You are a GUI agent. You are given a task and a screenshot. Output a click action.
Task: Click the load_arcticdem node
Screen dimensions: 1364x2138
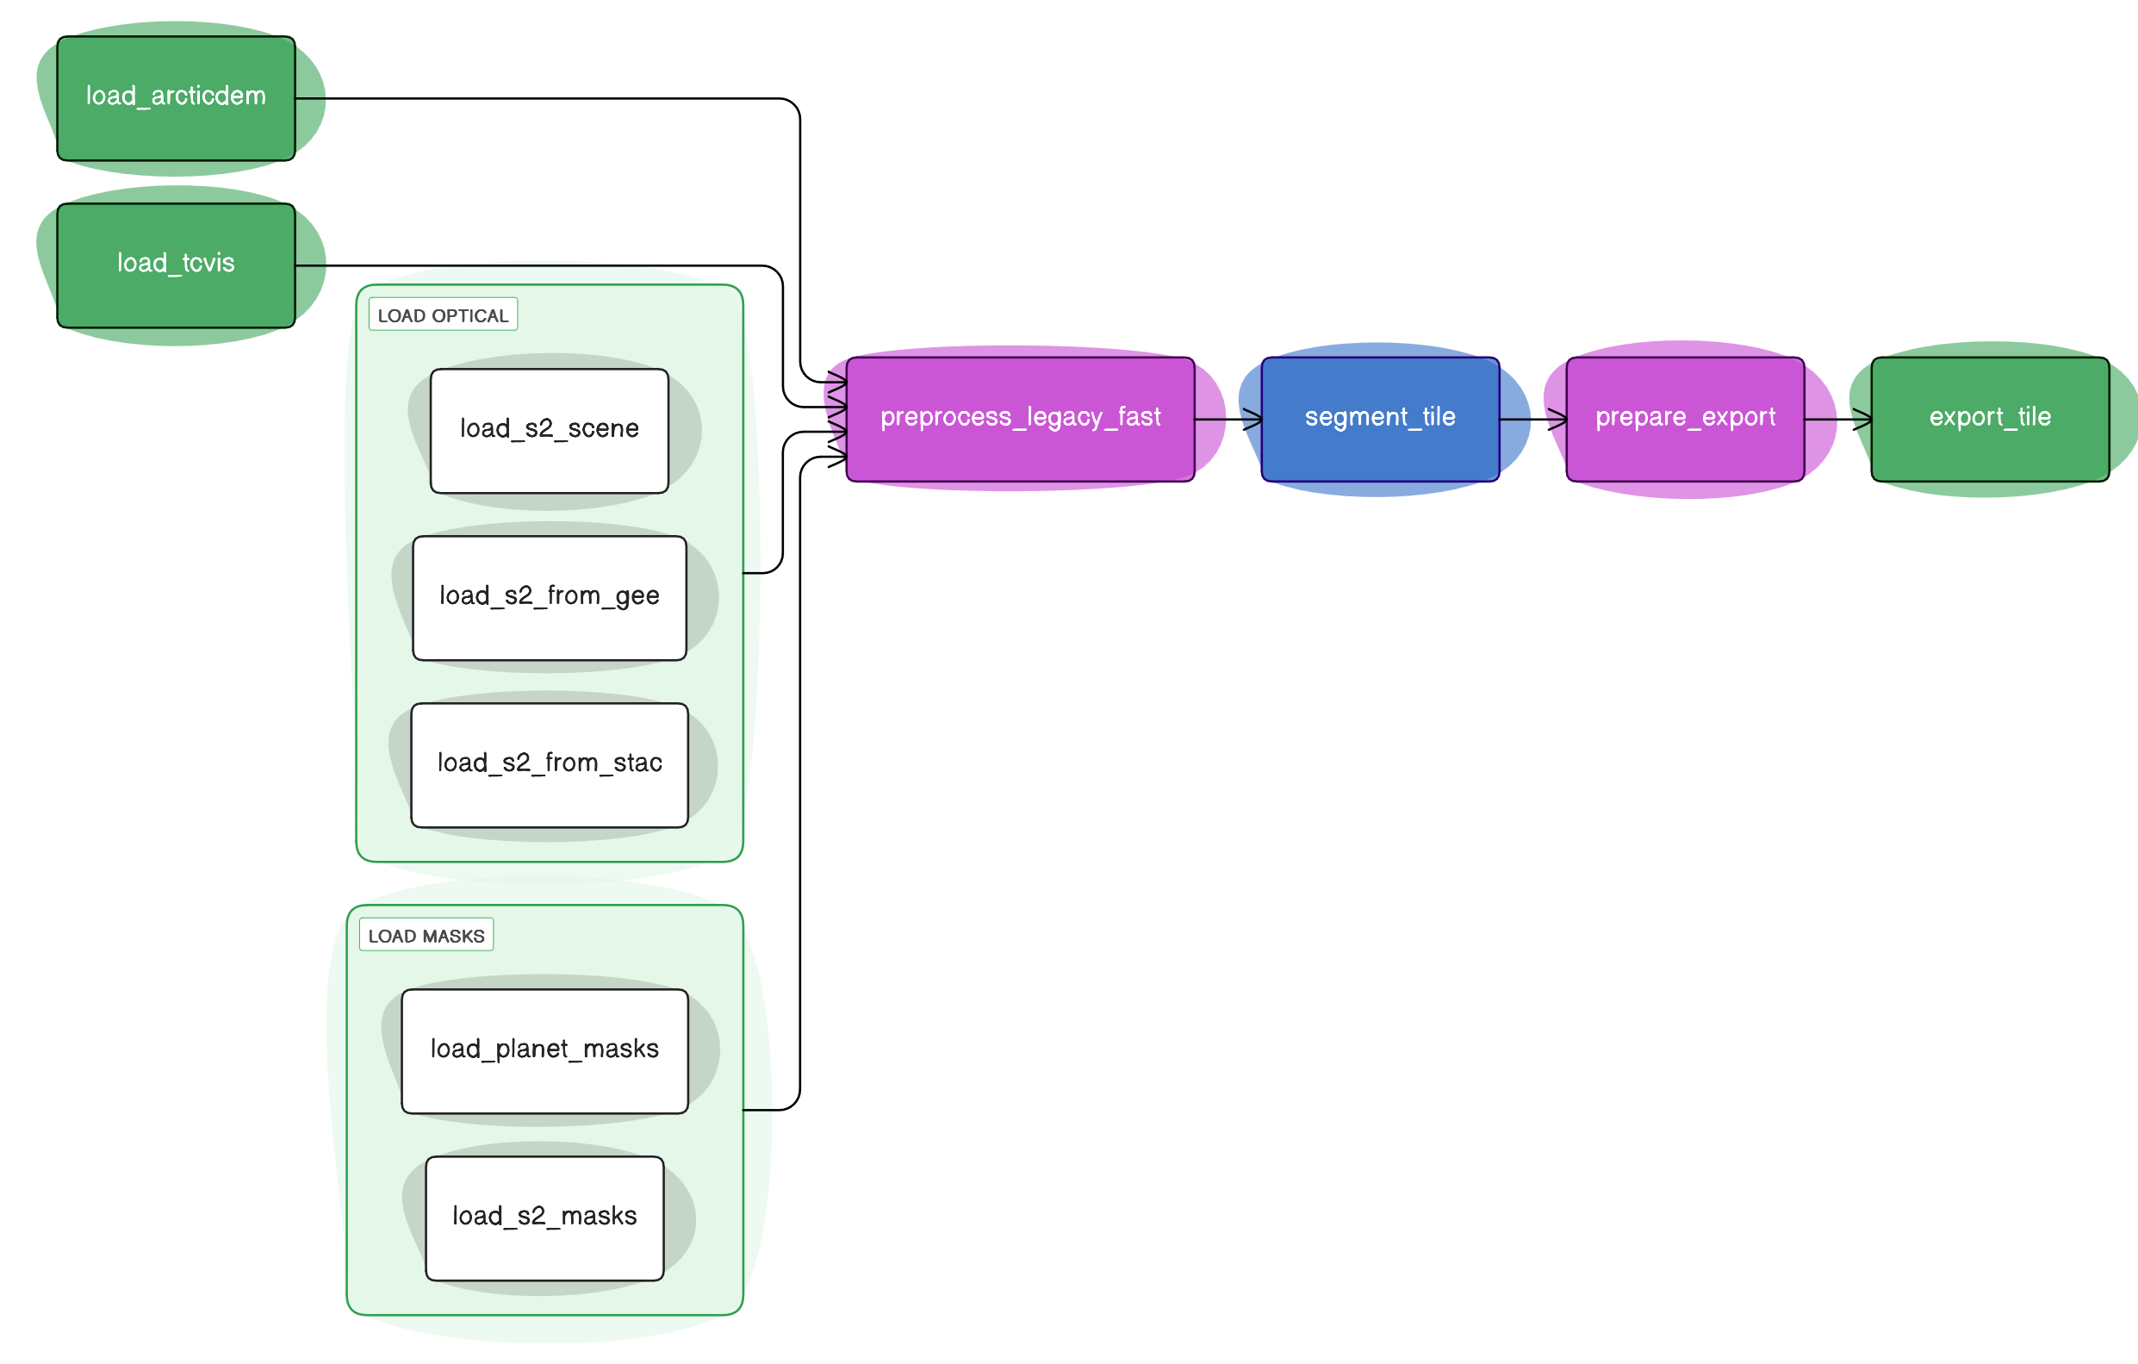coord(176,97)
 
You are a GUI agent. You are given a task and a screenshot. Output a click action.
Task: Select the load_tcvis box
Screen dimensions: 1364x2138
coord(176,265)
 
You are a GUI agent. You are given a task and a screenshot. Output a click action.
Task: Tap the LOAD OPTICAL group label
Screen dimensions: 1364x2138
coord(442,315)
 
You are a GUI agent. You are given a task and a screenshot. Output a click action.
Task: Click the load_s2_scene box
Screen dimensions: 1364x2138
coord(549,430)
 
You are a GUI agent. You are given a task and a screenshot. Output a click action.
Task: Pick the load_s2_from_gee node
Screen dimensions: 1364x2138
coord(549,597)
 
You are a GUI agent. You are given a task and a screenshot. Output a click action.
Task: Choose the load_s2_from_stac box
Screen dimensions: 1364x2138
coord(549,763)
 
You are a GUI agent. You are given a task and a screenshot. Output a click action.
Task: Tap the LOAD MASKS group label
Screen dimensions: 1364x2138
coord(426,936)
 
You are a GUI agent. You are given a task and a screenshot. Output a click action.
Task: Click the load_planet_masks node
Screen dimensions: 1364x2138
coord(544,1050)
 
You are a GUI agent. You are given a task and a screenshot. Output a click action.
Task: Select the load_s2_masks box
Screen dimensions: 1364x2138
coord(544,1218)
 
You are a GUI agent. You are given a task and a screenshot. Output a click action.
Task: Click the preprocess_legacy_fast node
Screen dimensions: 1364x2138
coord(1019,418)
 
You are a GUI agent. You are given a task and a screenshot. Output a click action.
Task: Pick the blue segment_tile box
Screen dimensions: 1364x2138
coord(1380,418)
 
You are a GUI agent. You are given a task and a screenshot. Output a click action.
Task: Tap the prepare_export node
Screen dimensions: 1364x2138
coord(1684,418)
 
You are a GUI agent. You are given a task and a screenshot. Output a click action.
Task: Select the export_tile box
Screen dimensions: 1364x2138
coord(1990,418)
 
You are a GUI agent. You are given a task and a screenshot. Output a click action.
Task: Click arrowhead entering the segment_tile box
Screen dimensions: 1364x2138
coord(1252,418)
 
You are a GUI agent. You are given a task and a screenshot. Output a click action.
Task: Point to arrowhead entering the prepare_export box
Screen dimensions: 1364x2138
coord(1557,418)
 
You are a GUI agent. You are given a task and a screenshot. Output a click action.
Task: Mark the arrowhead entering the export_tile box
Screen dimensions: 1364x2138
coord(1862,418)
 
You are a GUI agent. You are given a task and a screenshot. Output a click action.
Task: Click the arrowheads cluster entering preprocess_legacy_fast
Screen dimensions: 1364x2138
coord(836,413)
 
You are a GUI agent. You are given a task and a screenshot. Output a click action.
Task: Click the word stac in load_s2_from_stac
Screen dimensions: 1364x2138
coord(637,763)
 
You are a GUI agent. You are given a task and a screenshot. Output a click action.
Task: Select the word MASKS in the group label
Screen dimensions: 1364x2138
coord(454,936)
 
